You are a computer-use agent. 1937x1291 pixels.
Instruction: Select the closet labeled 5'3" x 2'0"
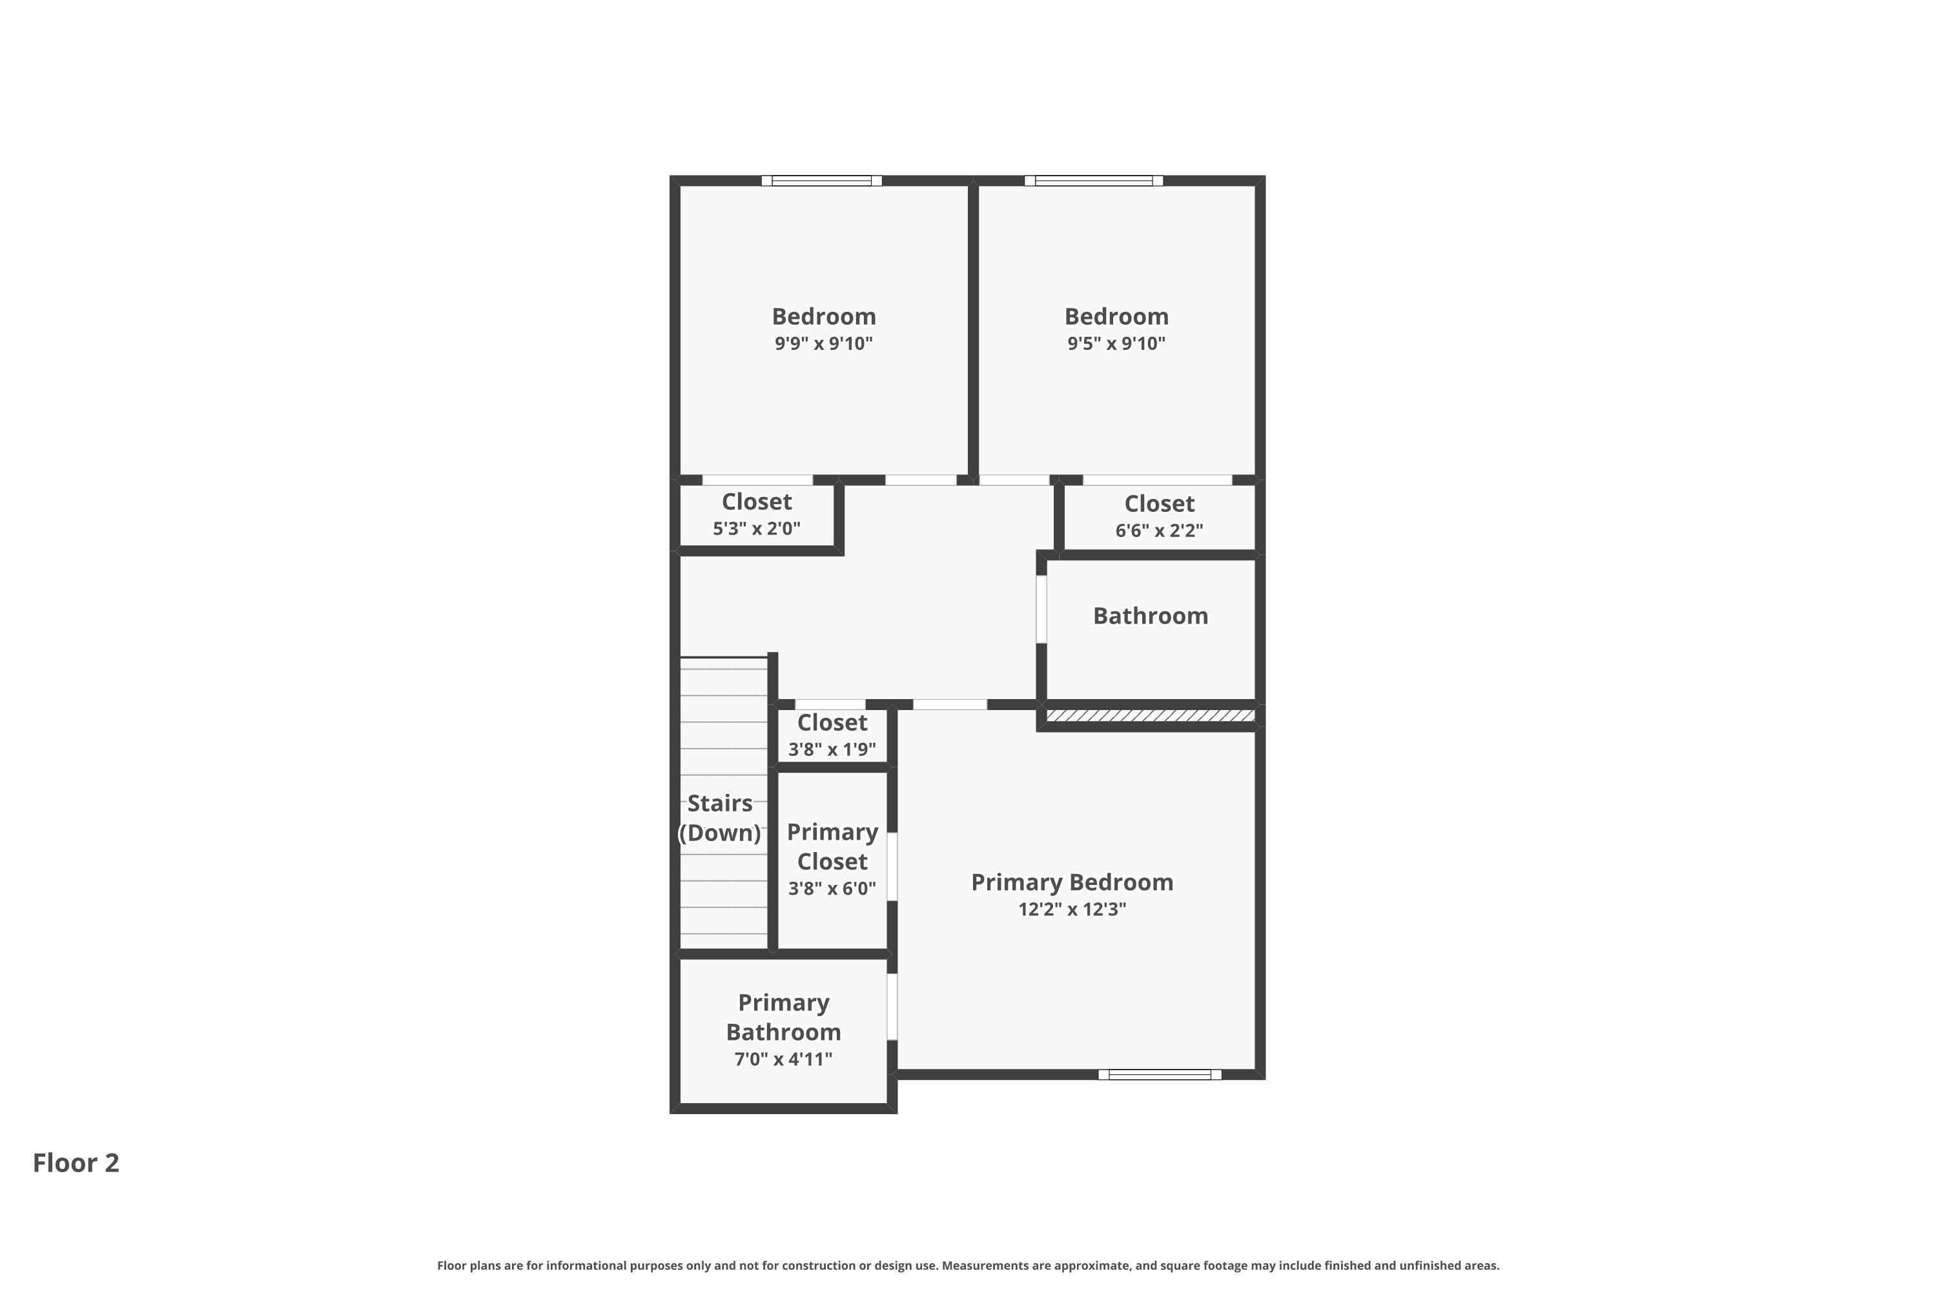(x=756, y=514)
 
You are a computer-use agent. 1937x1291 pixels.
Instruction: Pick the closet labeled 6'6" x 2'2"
(x=1159, y=516)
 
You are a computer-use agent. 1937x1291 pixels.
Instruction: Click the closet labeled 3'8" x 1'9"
(x=832, y=735)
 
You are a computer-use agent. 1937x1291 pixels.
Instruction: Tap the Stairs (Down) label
(x=720, y=818)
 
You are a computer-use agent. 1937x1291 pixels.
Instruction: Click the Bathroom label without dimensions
(x=1150, y=616)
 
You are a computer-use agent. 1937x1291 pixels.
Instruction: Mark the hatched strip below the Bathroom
(x=1150, y=715)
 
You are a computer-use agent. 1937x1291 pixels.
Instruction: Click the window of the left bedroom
(x=821, y=180)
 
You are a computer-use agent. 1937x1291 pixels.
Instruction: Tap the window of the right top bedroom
(x=1094, y=180)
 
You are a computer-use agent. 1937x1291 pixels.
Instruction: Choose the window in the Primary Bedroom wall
(x=1160, y=1075)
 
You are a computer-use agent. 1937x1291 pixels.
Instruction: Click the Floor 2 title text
(x=76, y=1163)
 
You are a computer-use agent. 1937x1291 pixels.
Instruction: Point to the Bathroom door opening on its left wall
(x=1041, y=609)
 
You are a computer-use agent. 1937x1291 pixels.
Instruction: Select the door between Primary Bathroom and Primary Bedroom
(x=892, y=1006)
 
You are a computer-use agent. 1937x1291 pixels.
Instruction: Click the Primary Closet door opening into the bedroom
(x=892, y=866)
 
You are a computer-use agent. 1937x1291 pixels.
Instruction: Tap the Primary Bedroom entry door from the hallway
(x=950, y=705)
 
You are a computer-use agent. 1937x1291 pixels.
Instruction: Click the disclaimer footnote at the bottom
(x=968, y=1265)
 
